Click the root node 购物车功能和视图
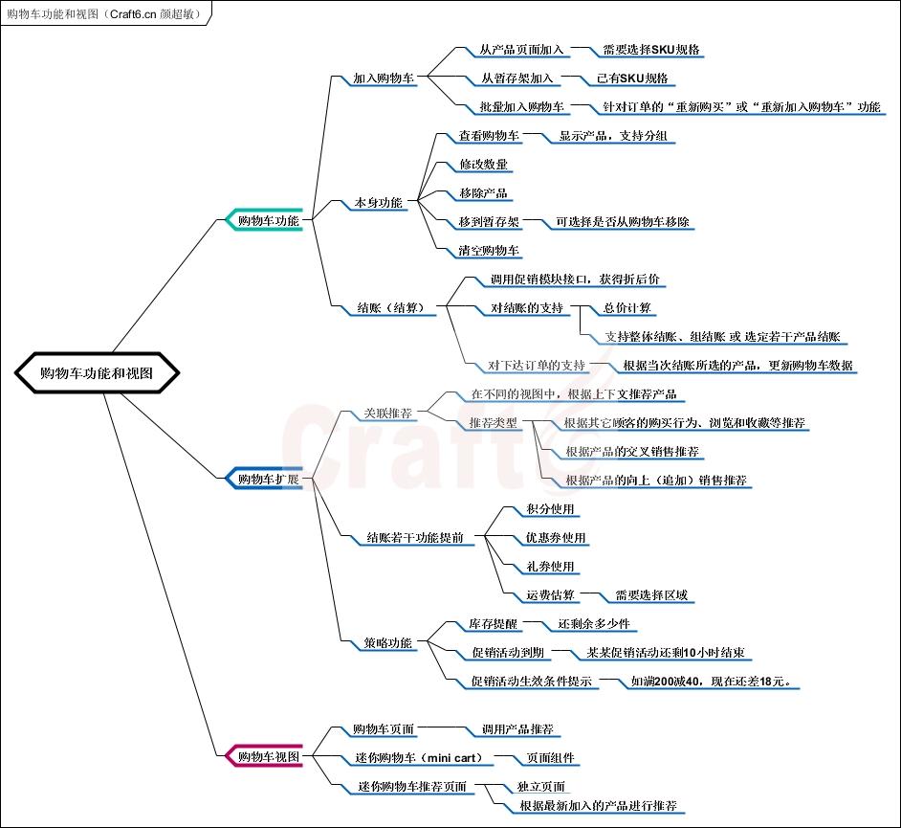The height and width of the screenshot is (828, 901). (x=97, y=373)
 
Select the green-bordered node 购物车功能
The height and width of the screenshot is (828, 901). (x=268, y=220)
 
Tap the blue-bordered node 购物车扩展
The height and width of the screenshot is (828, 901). (x=268, y=479)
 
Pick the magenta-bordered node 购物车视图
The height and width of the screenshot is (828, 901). (x=268, y=756)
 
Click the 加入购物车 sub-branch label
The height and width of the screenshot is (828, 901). (x=384, y=78)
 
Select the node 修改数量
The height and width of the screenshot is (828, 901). (x=484, y=165)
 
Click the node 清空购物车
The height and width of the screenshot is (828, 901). (x=490, y=251)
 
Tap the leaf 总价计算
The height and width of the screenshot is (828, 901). (x=627, y=308)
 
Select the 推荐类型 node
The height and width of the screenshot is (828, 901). (x=494, y=423)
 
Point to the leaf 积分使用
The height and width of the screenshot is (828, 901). (x=551, y=509)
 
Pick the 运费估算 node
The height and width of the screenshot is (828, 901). (x=551, y=595)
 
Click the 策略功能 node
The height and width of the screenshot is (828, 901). (x=388, y=643)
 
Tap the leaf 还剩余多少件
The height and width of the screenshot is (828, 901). (x=595, y=624)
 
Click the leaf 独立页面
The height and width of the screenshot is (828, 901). (x=541, y=787)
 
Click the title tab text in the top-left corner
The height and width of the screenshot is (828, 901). (x=103, y=12)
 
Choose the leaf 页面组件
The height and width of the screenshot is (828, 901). (x=551, y=758)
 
